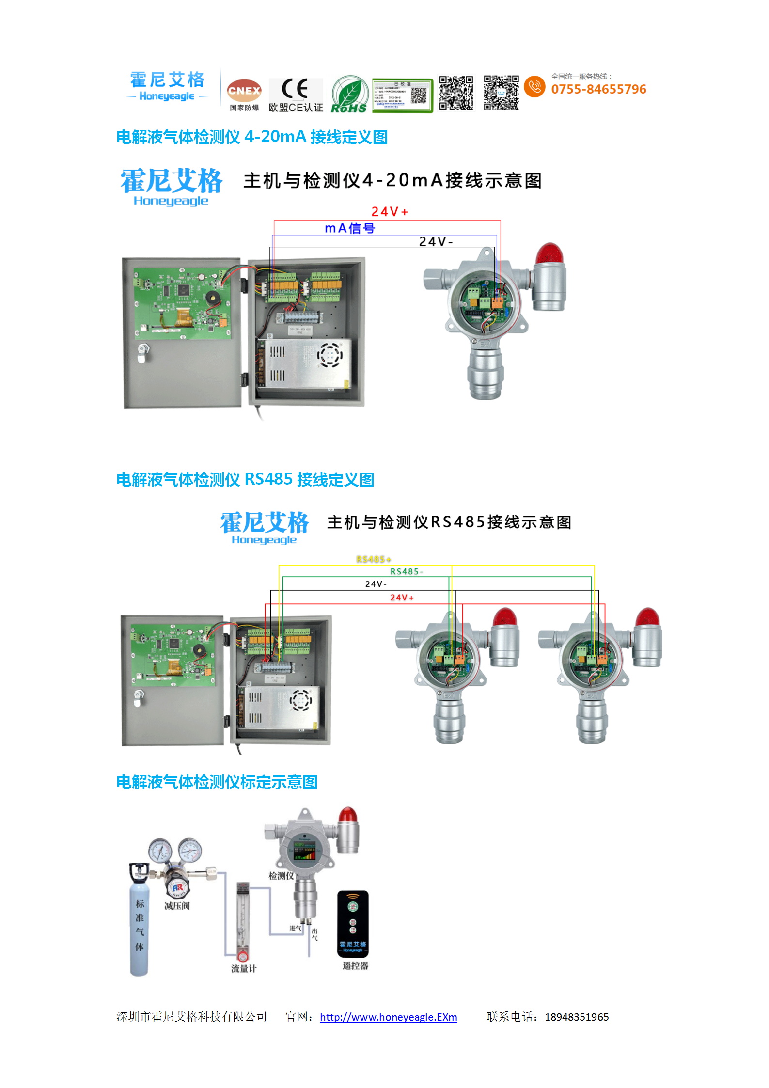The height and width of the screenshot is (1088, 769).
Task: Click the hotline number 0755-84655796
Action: pos(598,89)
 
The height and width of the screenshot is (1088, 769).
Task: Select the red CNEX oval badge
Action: pos(244,90)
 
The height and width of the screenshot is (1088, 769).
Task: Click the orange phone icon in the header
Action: pos(534,86)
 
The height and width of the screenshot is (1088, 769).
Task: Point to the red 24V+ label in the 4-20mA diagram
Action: pos(389,212)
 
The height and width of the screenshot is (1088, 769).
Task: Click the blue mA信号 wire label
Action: pos(349,228)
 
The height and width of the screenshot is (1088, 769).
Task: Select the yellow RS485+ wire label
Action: pos(373,559)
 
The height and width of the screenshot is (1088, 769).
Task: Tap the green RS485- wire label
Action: pos(406,571)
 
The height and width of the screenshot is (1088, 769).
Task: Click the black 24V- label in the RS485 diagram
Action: pos(376,584)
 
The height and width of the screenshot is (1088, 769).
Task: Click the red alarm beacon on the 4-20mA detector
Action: pos(549,254)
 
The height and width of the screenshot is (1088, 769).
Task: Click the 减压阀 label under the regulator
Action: pos(177,906)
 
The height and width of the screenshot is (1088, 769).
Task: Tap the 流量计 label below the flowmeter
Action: pos(243,968)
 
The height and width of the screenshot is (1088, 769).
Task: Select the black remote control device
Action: pos(353,924)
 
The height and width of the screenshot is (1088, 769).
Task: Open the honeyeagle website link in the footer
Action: pos(388,1017)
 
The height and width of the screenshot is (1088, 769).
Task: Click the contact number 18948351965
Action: pos(576,1017)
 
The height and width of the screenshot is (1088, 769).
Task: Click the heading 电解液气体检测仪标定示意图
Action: pos(217,782)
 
